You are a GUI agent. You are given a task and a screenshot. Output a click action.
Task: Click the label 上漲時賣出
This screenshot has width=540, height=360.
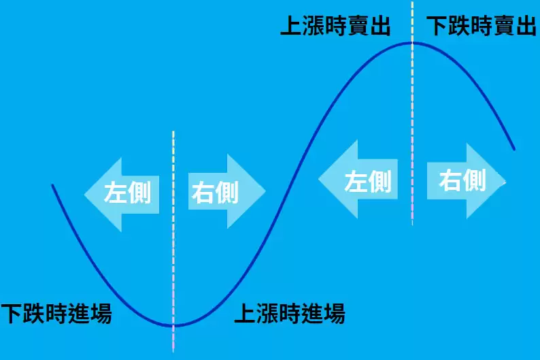click(x=335, y=27)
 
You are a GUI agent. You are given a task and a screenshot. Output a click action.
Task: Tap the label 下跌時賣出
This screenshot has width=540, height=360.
click(x=481, y=27)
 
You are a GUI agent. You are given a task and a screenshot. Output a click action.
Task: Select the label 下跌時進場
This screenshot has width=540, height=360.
click(x=56, y=314)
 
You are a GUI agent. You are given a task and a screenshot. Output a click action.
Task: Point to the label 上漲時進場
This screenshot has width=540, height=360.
click(x=290, y=314)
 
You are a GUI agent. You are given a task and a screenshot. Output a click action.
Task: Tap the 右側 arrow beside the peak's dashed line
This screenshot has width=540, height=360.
click(x=466, y=181)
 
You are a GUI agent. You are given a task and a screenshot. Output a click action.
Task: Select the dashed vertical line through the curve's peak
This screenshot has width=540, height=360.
click(x=412, y=136)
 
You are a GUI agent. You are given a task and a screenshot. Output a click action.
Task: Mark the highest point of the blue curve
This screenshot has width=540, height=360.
click(x=412, y=43)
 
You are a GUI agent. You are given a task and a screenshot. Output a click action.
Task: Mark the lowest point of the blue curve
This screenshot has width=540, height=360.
click(x=174, y=326)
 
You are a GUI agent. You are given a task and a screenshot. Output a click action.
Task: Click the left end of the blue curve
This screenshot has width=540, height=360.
click(x=52, y=185)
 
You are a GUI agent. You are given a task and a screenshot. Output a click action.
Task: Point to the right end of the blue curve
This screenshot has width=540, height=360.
click(x=514, y=149)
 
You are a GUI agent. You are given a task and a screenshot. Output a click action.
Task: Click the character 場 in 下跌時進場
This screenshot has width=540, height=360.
click(x=101, y=314)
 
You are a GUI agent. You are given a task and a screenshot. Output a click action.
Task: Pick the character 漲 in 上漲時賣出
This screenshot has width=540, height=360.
click(x=313, y=27)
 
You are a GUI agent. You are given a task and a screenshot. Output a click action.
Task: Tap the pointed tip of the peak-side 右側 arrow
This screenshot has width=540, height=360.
click(x=507, y=181)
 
